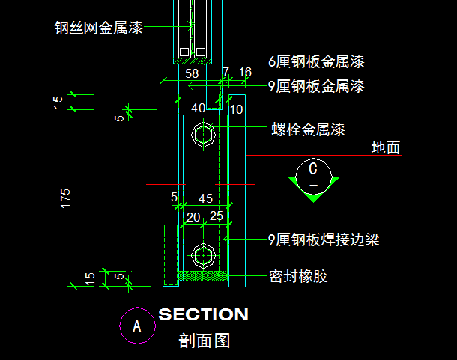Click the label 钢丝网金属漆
point(97,28)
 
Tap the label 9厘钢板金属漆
point(316,86)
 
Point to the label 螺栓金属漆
point(308,129)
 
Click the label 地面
point(386,147)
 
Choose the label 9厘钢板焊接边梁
point(324,240)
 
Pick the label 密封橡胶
point(298,277)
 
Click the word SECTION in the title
point(203,314)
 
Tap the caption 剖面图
point(204,341)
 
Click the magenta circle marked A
point(136,326)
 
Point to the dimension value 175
point(66,198)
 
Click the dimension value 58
point(192,73)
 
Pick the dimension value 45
point(205,198)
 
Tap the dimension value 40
point(199,109)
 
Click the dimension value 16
point(245,73)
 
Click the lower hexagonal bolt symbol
point(203,254)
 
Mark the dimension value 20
point(193,216)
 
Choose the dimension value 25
point(217,216)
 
